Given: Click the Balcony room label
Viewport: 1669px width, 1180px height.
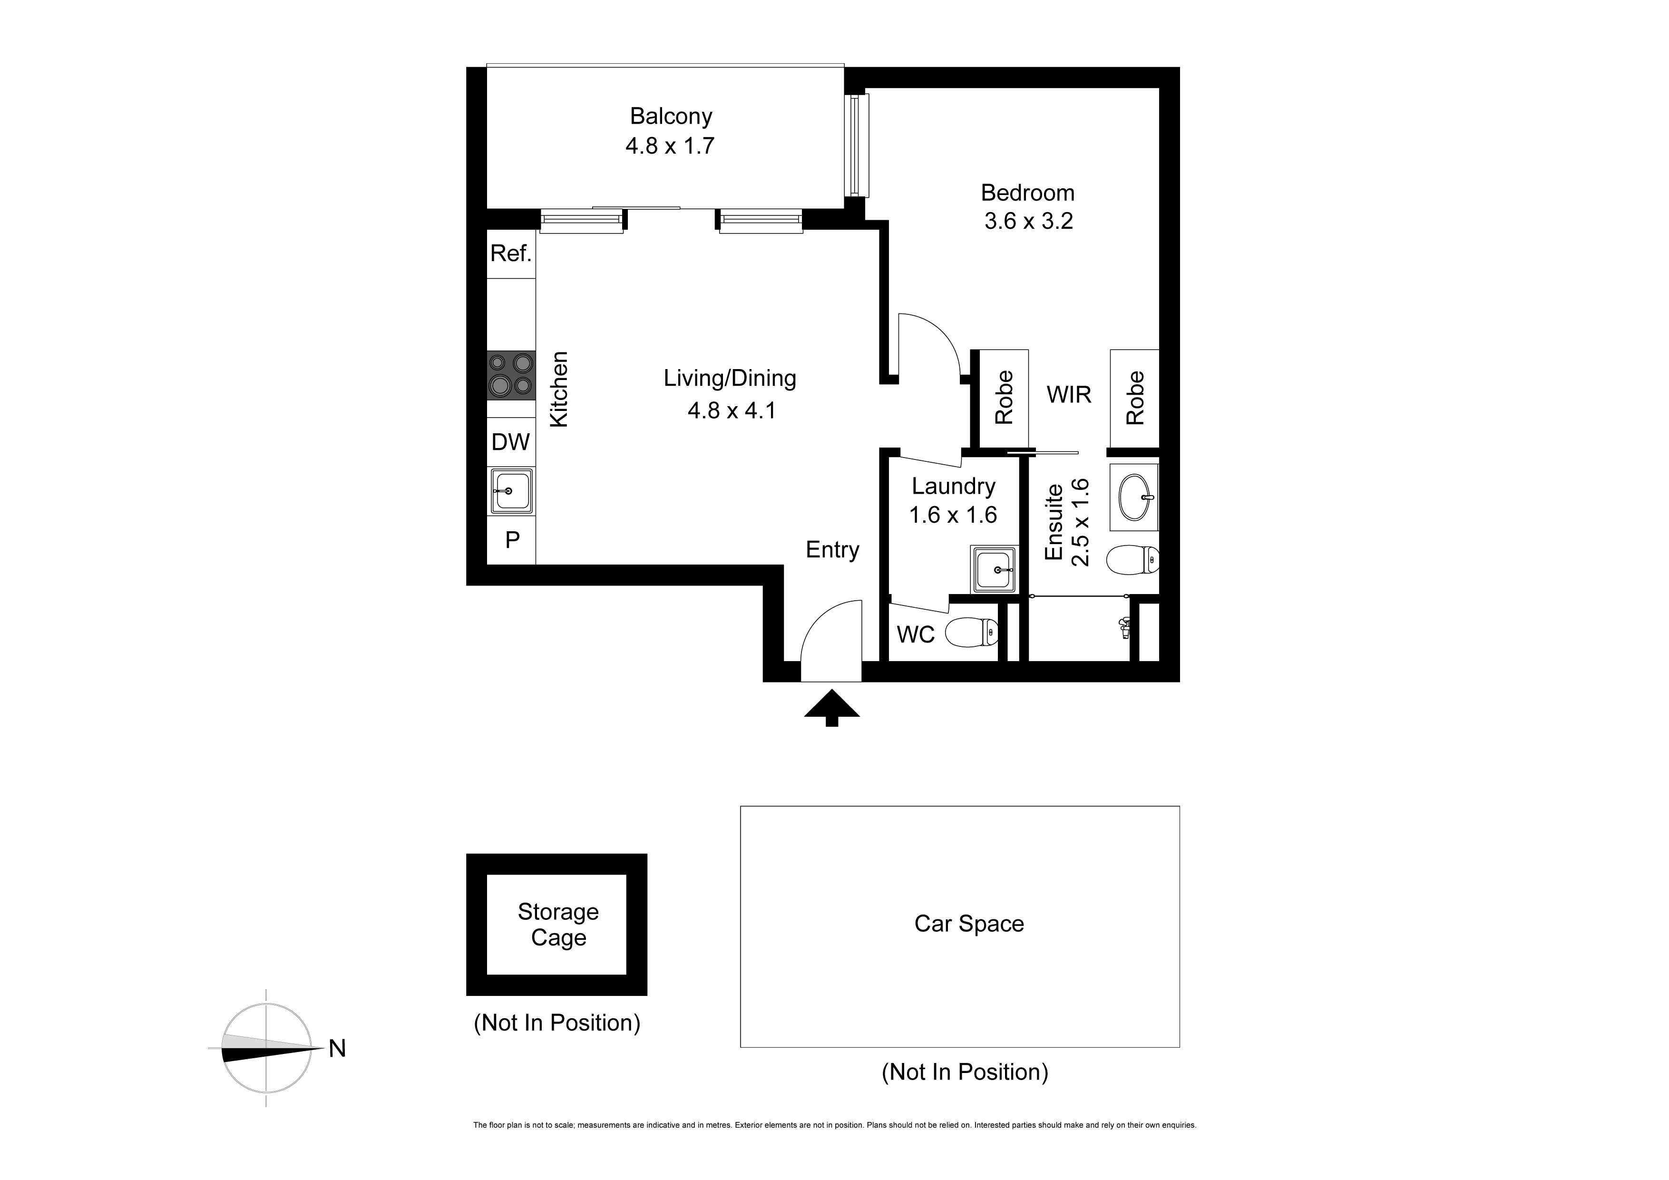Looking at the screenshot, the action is [671, 117].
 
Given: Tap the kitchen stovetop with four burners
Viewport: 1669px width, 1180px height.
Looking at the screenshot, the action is [511, 375].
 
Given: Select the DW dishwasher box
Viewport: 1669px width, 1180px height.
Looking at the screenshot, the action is [511, 442].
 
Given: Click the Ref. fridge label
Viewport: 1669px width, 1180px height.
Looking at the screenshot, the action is [511, 254].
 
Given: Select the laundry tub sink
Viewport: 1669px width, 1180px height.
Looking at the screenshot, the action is [995, 570].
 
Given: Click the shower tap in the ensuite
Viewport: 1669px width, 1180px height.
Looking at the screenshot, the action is [1124, 627].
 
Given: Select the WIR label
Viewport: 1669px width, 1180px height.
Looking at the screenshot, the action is [1069, 395].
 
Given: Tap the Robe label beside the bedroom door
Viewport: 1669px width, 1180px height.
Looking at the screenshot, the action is [1004, 398].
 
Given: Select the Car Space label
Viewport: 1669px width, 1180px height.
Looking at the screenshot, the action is [969, 924].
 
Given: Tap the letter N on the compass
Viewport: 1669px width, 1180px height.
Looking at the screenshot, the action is [337, 1048].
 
